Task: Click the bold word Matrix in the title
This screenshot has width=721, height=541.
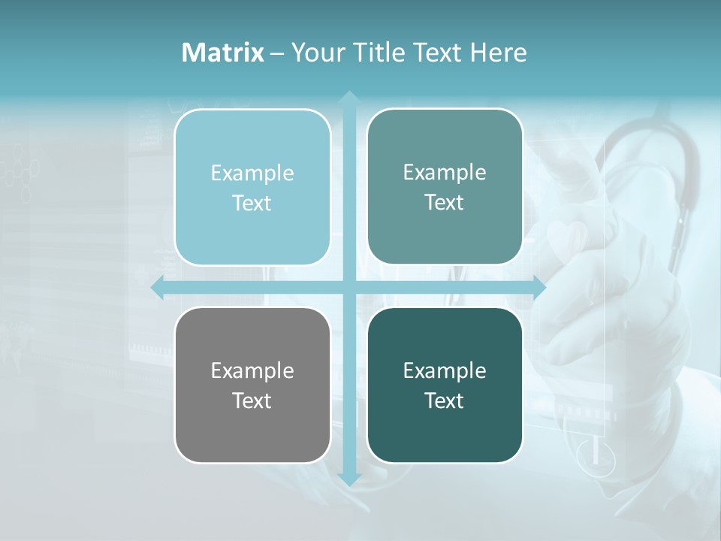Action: tap(222, 53)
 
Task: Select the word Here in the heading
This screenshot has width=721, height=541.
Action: tap(499, 53)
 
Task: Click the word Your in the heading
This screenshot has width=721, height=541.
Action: tap(315, 53)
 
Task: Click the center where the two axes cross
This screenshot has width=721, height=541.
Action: tap(348, 288)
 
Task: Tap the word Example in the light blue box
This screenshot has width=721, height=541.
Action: tap(252, 174)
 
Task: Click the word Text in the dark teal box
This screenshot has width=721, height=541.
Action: tap(445, 400)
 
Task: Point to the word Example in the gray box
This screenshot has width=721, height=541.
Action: tap(252, 371)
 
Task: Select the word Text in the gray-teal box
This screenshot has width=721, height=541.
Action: tap(445, 203)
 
